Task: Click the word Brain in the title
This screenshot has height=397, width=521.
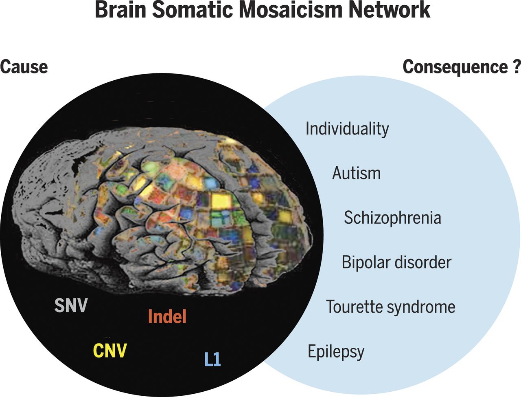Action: (120, 11)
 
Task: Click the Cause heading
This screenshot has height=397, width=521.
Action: (24, 67)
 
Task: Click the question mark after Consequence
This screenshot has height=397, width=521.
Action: (516, 67)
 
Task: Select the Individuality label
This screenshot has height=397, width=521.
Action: (347, 129)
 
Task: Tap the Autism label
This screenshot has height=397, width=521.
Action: (357, 173)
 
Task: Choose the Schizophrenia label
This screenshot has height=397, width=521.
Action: (392, 218)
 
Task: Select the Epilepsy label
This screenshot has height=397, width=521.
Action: (336, 352)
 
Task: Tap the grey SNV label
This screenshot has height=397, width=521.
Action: (71, 306)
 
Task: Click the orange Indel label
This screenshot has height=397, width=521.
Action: (167, 317)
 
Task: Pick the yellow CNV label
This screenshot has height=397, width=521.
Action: (110, 351)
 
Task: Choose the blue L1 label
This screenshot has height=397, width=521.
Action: (212, 360)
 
